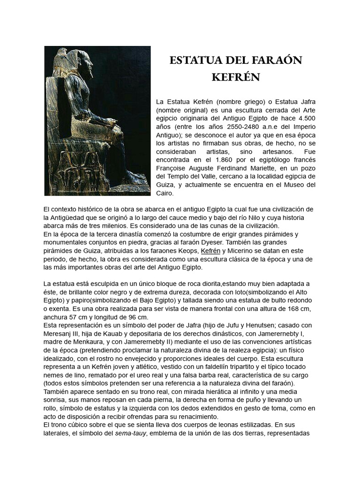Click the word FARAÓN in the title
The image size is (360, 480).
click(275, 60)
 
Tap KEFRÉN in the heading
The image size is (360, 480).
click(235, 77)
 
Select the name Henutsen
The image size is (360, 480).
click(260, 326)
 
